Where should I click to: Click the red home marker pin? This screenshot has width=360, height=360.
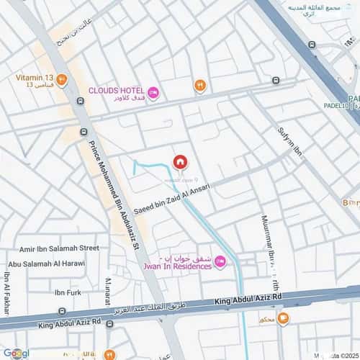tap(180, 161)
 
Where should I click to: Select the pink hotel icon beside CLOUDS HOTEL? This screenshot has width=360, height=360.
tap(153, 94)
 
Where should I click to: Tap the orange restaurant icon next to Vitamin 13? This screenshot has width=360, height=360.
tap(62, 79)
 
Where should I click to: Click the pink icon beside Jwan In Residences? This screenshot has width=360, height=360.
tap(220, 261)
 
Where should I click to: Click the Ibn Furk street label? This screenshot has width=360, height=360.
tap(69, 292)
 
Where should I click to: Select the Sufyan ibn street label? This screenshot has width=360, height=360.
tap(287, 145)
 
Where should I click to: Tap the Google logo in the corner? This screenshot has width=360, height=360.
tap(16, 353)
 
